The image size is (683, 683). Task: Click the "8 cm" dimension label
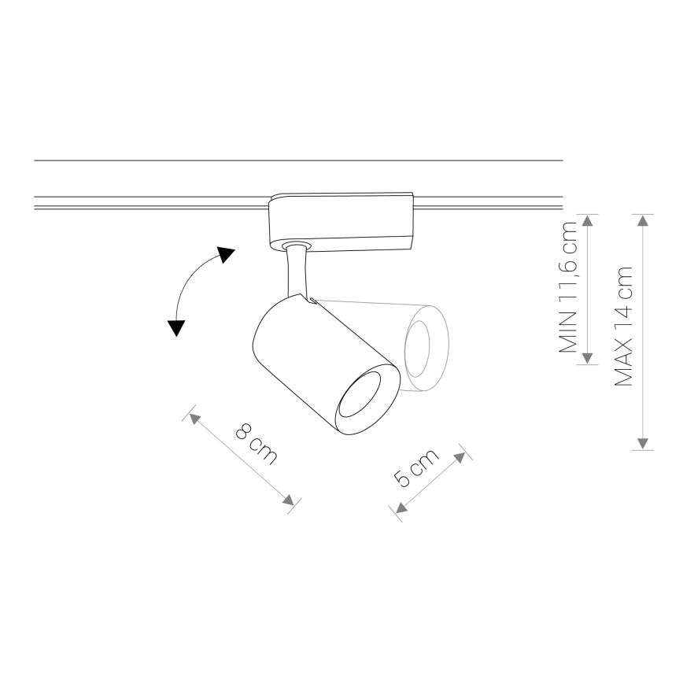[257, 444]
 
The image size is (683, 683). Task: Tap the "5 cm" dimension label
[416, 468]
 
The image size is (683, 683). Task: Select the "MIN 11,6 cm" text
[568, 287]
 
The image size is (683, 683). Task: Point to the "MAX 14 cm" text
[622, 327]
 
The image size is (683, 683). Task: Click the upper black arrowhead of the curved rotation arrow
[226, 254]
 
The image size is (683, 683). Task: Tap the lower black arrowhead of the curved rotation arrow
[176, 327]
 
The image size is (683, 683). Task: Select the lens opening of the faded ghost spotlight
[417, 349]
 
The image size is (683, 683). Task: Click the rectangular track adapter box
[341, 221]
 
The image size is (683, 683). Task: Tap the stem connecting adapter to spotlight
[299, 271]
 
